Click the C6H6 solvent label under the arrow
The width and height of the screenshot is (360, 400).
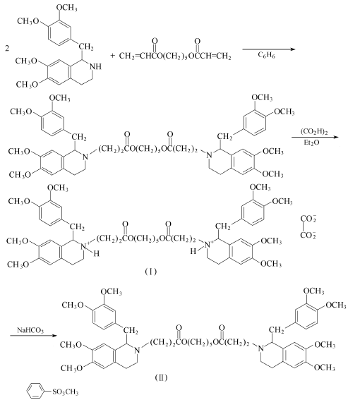click(x=266, y=55)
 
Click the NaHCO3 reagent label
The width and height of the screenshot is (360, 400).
click(x=30, y=330)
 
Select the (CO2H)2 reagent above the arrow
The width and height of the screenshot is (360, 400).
click(x=314, y=132)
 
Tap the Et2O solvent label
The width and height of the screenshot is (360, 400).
click(x=311, y=143)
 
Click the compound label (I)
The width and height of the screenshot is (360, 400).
click(x=150, y=272)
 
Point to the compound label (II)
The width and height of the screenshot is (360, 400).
click(x=161, y=377)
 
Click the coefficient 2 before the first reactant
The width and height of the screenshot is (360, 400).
click(x=7, y=48)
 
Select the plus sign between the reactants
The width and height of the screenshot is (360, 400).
click(x=113, y=55)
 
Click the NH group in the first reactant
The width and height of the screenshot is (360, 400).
click(x=95, y=66)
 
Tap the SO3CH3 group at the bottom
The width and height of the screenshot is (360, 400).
click(x=66, y=392)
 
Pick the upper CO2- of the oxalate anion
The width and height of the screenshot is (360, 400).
click(x=308, y=219)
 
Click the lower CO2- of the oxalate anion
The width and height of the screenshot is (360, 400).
click(x=308, y=235)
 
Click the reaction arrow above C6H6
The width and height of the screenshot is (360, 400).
click(x=269, y=49)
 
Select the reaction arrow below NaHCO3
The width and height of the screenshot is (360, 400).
click(x=33, y=335)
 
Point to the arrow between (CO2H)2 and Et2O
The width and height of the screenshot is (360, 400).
click(x=315, y=138)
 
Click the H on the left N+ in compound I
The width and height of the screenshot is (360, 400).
click(x=96, y=253)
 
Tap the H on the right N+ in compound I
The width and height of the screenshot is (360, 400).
click(x=193, y=252)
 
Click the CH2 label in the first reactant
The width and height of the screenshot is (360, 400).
click(x=86, y=47)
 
